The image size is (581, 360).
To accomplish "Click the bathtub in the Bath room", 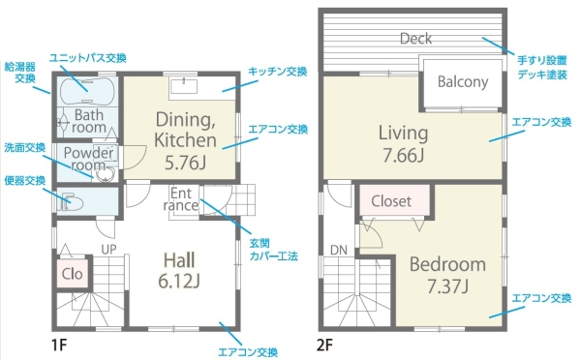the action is click(87, 91).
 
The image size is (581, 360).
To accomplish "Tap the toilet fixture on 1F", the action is click(71, 202).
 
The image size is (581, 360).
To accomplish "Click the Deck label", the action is click(415, 39).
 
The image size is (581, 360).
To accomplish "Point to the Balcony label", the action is click(463, 82).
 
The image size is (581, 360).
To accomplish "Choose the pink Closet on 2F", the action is click(395, 200).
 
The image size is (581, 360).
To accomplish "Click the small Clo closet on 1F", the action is click(73, 274).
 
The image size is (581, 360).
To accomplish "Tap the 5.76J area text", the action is click(185, 163).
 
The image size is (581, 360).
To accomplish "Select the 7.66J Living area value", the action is click(403, 155).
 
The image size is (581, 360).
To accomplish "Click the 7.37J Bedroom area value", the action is click(447, 285).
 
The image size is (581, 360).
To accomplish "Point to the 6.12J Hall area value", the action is click(179, 281).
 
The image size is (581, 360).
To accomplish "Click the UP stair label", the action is click(108, 250).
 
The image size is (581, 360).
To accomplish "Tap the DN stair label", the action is click(339, 251).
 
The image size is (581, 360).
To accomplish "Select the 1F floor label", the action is click(59, 345).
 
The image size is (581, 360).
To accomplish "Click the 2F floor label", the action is click(324, 345).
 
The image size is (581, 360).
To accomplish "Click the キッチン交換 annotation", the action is click(278, 71).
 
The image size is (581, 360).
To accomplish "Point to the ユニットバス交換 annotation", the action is click(88, 58).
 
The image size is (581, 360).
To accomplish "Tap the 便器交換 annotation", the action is click(25, 181).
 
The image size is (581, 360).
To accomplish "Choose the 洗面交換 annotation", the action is click(25, 147).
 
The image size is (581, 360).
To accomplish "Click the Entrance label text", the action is click(181, 199).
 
